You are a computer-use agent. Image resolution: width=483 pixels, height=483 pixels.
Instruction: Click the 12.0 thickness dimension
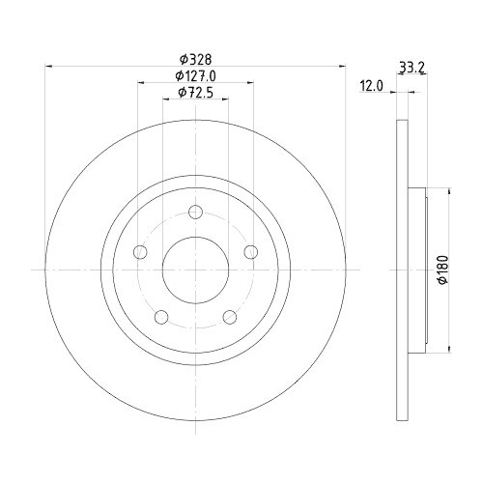(x=372, y=86)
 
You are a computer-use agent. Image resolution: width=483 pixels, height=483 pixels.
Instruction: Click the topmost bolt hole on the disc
(x=195, y=213)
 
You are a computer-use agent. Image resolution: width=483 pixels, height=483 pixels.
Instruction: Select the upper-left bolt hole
(x=140, y=252)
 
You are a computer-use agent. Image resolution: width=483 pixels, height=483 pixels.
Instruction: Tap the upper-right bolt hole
(x=250, y=252)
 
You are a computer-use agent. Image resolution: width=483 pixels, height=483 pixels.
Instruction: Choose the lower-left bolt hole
(x=161, y=316)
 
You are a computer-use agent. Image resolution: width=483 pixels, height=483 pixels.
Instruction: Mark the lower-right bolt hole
(x=229, y=316)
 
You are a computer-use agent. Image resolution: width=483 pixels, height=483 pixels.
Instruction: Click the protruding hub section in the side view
(x=416, y=270)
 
